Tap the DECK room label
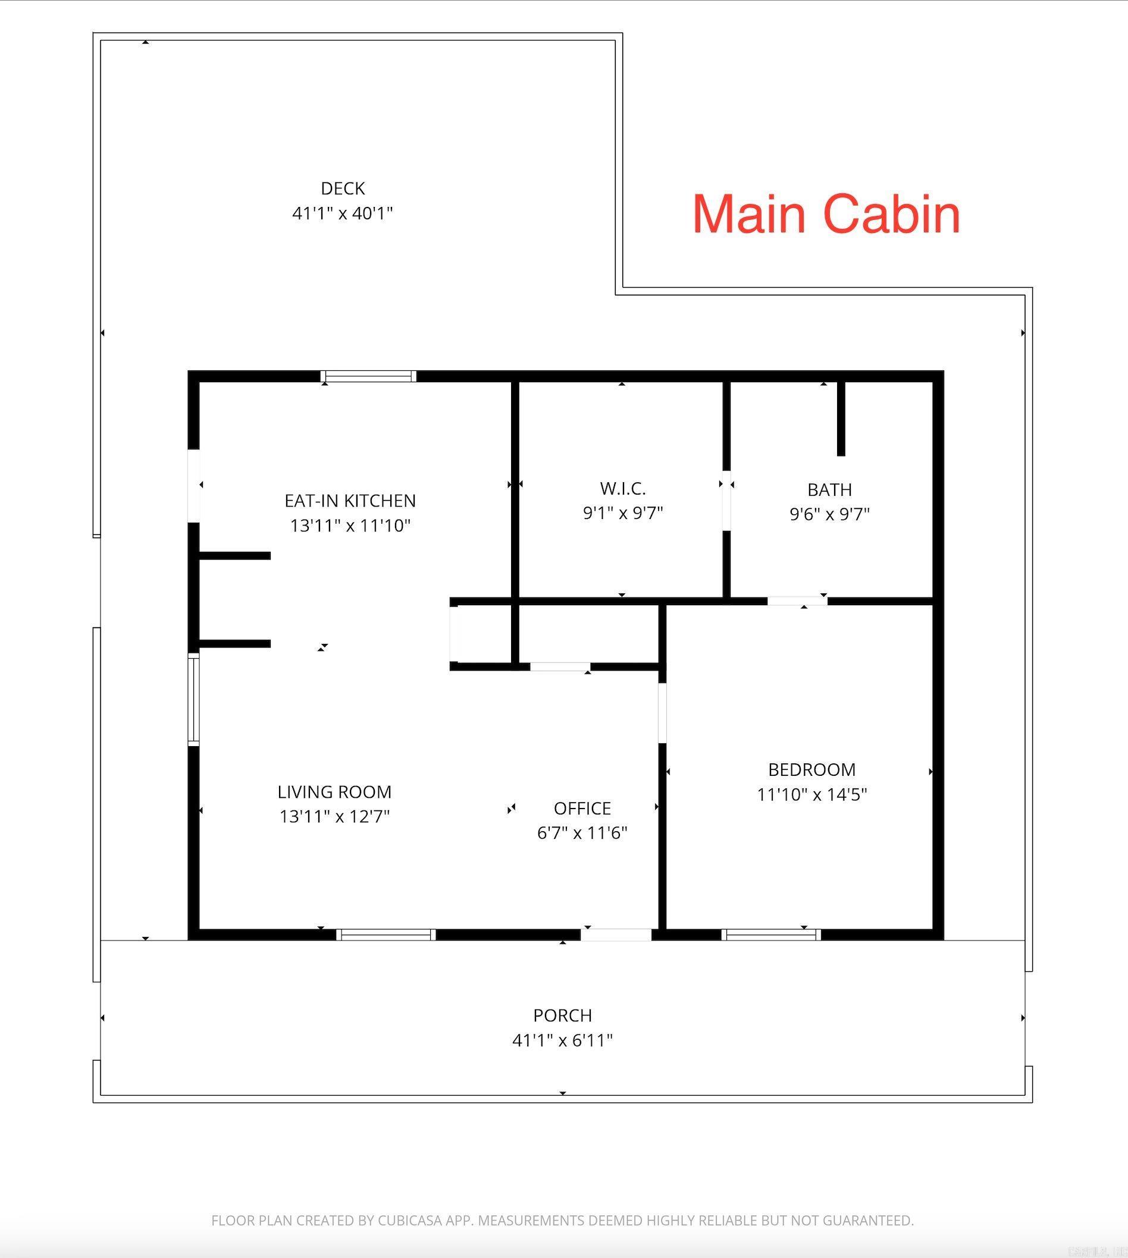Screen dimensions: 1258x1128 [343, 188]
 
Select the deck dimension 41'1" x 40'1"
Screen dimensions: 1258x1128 [343, 213]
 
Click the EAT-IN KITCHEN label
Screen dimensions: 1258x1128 [350, 501]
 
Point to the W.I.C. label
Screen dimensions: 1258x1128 [623, 489]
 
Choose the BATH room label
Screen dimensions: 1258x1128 [829, 490]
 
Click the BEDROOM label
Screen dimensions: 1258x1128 [812, 770]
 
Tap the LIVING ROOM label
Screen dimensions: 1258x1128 [334, 792]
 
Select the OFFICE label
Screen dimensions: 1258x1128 [582, 809]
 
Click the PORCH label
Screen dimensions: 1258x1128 [562, 1016]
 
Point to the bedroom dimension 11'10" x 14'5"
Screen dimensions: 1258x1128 [812, 795]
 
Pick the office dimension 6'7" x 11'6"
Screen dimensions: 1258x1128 [582, 833]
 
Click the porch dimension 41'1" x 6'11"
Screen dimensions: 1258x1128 [562, 1040]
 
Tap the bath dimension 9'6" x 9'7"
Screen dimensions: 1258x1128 [829, 514]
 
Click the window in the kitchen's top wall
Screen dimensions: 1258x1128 [369, 376]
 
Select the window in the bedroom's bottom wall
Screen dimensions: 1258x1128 [771, 935]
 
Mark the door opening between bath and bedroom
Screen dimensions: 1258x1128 [797, 601]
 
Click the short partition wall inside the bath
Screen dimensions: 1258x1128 [841, 419]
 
